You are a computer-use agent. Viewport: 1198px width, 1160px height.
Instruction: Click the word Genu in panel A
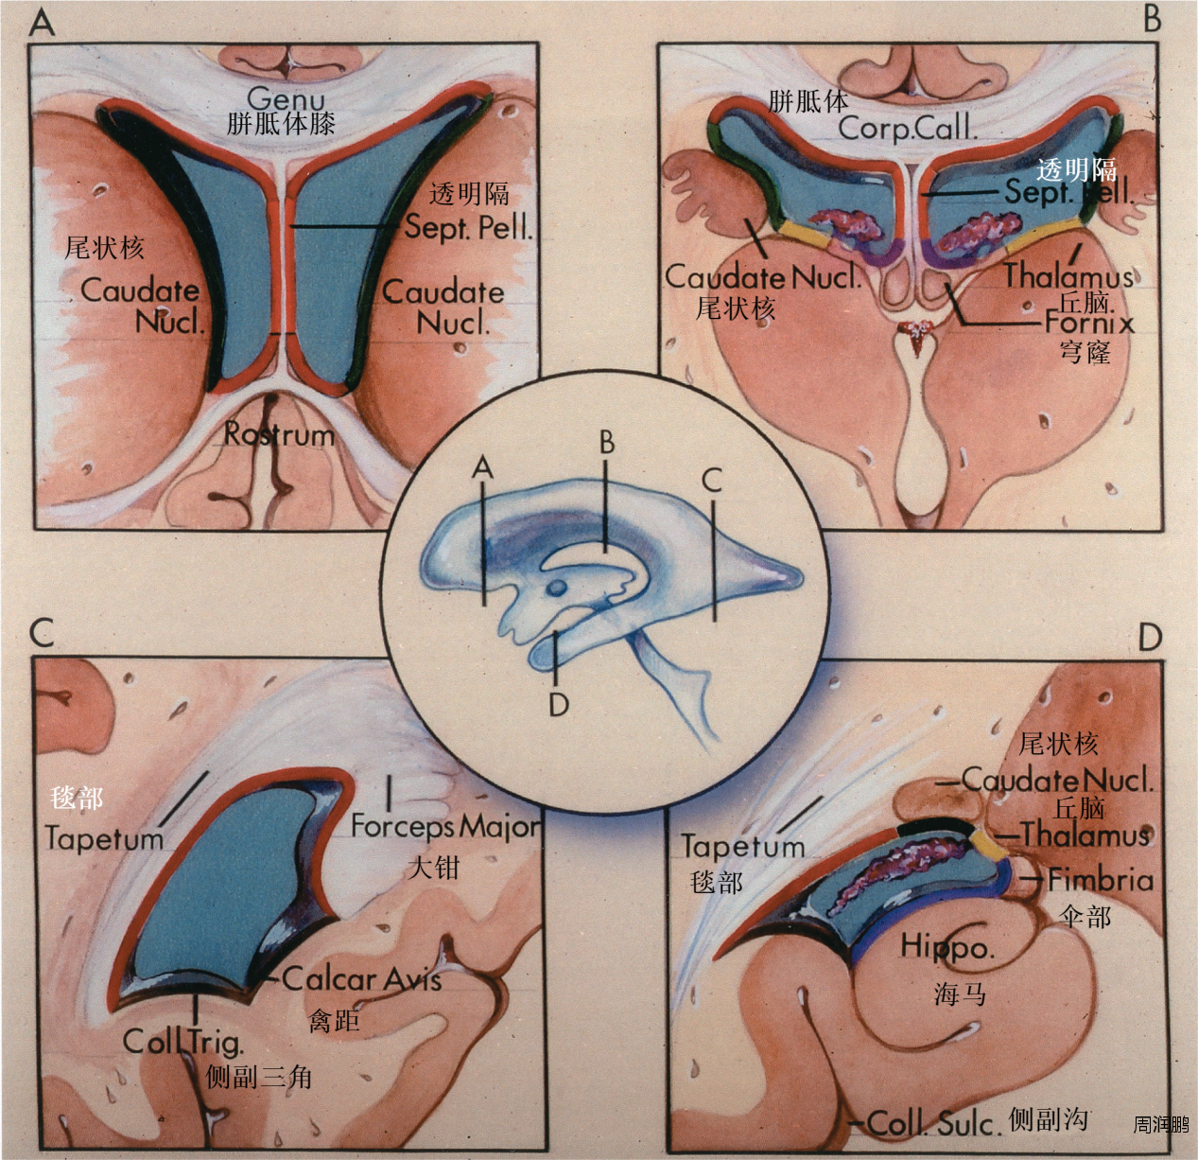click(286, 98)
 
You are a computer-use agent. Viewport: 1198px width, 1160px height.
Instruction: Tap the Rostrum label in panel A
click(279, 435)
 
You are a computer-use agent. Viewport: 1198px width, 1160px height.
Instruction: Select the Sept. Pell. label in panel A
click(469, 227)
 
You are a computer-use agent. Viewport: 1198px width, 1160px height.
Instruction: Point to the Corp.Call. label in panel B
click(906, 129)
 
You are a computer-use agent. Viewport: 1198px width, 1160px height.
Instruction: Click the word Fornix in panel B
click(1088, 323)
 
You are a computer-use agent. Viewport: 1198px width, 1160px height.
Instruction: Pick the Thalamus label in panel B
click(1068, 276)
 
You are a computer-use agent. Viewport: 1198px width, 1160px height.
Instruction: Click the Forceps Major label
click(445, 826)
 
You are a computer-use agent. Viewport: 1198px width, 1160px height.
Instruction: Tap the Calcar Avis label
click(362, 979)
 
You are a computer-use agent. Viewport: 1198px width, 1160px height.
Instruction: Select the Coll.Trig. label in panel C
click(183, 1042)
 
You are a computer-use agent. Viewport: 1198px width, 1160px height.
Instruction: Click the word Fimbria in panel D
click(1101, 881)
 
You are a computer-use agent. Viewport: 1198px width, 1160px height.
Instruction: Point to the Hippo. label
click(946, 946)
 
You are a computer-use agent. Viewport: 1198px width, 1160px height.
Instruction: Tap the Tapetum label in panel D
click(742, 846)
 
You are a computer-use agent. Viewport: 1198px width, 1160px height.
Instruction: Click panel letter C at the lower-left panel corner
click(42, 632)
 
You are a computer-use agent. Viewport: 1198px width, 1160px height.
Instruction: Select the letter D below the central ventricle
click(558, 704)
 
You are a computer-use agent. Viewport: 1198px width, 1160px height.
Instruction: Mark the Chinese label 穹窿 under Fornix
click(1085, 353)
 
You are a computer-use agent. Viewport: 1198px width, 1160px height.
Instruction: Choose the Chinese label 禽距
click(334, 1020)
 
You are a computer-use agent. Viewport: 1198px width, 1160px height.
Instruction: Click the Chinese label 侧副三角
click(259, 1077)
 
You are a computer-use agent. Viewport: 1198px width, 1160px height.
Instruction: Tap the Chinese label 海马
click(960, 993)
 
